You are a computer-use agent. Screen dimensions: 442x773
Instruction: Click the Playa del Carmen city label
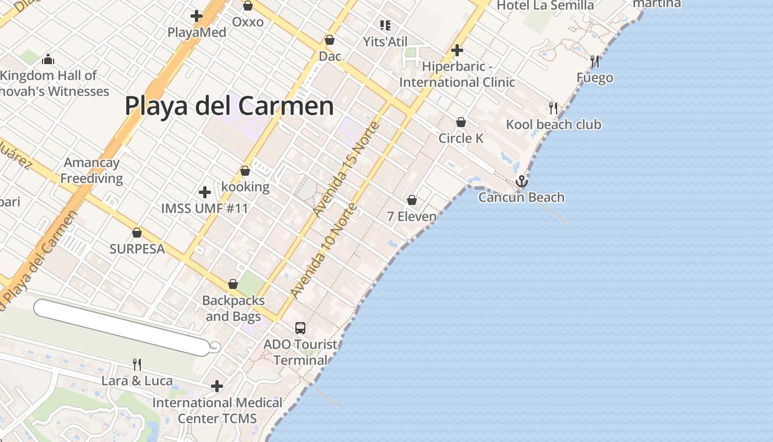(229, 106)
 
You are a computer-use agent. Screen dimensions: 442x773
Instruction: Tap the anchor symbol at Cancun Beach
(521, 181)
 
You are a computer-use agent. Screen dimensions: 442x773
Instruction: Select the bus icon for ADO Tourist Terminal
(300, 328)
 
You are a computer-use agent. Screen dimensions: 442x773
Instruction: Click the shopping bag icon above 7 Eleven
(412, 200)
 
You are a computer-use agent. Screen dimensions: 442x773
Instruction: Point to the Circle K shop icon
(461, 122)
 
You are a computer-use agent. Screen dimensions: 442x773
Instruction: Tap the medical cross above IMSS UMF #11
(205, 192)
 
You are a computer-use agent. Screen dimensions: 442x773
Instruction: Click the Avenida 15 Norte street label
(346, 169)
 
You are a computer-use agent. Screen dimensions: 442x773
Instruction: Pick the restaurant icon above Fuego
(594, 61)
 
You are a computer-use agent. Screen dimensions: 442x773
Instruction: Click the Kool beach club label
(553, 124)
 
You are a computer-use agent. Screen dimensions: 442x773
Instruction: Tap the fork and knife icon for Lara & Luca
(136, 364)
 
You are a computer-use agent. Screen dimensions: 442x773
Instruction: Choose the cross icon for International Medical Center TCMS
(217, 386)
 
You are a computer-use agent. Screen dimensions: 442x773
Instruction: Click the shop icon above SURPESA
(137, 233)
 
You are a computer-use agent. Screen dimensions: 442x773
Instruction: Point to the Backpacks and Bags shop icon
(233, 285)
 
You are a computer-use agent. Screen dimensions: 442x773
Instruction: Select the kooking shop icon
(245, 171)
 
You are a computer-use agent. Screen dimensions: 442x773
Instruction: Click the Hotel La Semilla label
(545, 6)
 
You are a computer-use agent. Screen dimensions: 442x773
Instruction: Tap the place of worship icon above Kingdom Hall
(48, 59)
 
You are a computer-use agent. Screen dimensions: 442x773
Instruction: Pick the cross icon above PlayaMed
(196, 16)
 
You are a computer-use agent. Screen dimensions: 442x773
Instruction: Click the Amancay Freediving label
(92, 170)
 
